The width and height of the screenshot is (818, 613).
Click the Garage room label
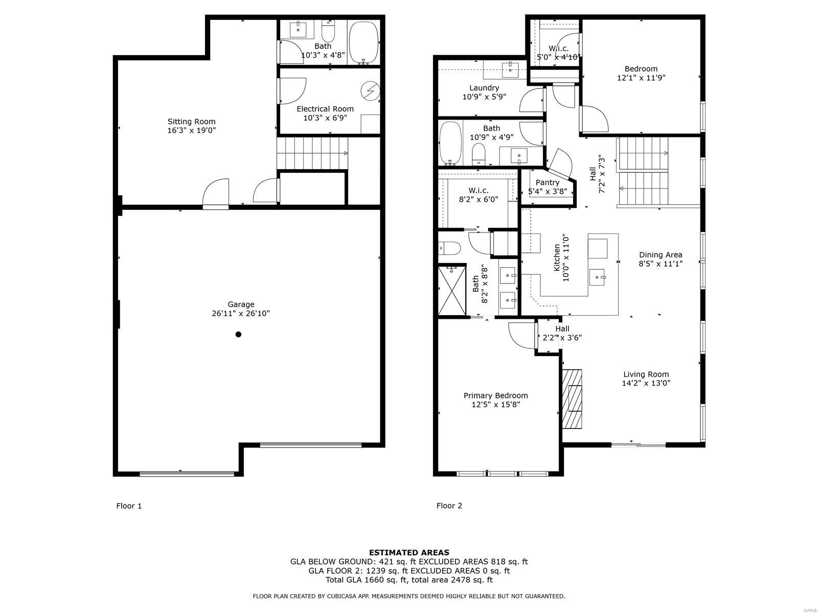(241, 304)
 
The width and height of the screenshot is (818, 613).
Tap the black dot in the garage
(239, 334)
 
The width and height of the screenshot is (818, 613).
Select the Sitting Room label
(192, 122)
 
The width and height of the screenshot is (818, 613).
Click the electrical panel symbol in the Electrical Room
(370, 90)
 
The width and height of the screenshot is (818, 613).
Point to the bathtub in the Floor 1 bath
(363, 42)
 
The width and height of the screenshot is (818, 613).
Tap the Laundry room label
(484, 88)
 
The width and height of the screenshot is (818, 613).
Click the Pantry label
(548, 183)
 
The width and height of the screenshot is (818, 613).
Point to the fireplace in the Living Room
(572, 399)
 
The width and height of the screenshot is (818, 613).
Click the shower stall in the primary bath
(452, 290)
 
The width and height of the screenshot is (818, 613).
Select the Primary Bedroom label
(495, 395)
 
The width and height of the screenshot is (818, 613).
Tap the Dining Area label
(661, 255)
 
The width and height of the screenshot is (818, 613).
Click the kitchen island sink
(597, 278)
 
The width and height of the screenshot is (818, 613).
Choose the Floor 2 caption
(449, 505)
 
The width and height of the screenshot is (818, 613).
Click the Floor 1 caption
(129, 506)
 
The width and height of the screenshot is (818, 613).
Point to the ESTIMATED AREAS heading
(409, 553)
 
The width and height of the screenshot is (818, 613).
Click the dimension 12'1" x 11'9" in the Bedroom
(641, 78)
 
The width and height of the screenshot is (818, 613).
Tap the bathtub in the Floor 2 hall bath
(450, 143)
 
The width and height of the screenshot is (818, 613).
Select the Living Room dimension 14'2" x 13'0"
(646, 383)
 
